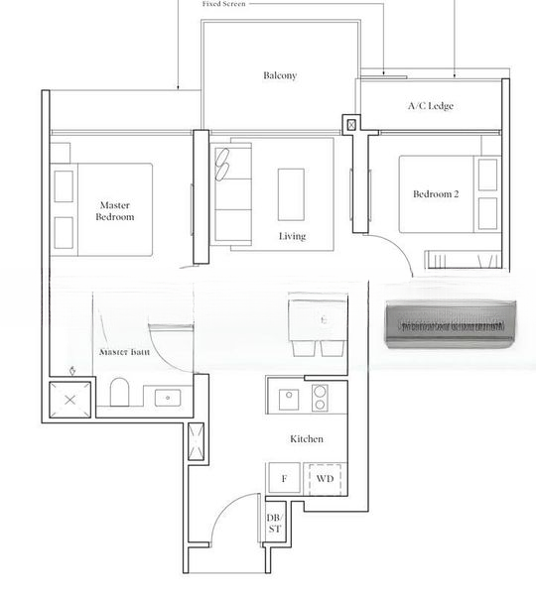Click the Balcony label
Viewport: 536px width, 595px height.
[280, 75]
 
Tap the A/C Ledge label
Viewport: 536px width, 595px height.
[430, 105]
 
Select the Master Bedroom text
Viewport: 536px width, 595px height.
[115, 210]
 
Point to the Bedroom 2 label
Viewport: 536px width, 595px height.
[436, 194]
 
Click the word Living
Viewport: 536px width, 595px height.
[292, 236]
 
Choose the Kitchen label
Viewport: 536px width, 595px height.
[306, 438]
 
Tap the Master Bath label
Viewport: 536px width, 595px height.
[124, 352]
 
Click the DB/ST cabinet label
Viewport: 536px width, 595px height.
[274, 524]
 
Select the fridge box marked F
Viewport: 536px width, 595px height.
[284, 479]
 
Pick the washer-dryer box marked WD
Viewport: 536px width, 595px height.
[325, 479]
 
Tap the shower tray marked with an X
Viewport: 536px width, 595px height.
[70, 399]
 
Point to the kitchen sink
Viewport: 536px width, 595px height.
[289, 397]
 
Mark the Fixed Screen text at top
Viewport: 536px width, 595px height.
[223, 4]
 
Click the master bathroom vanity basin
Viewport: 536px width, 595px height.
[167, 398]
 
